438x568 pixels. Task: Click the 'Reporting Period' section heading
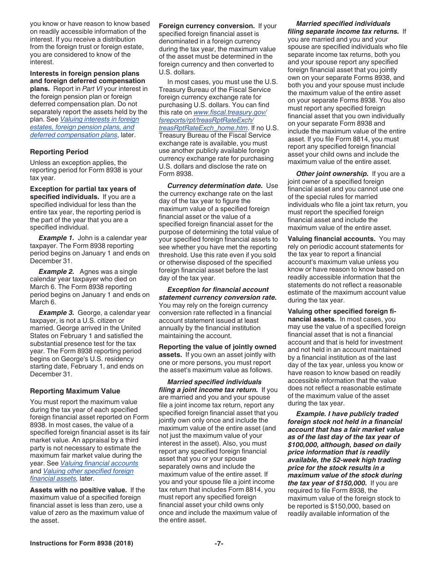(x=59, y=152)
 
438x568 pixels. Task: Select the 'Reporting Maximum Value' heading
(x=75, y=391)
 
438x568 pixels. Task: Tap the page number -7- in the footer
(x=219, y=544)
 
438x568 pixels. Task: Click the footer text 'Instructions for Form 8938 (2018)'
(x=82, y=544)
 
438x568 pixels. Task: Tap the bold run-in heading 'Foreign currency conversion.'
(x=207, y=26)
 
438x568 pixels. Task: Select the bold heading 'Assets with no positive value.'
(x=79, y=490)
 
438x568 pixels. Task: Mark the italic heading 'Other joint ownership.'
(x=332, y=174)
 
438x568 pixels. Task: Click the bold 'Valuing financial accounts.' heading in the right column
(x=331, y=239)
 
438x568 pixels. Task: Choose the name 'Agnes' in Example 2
(x=102, y=272)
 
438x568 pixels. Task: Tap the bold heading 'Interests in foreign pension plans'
(x=84, y=73)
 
